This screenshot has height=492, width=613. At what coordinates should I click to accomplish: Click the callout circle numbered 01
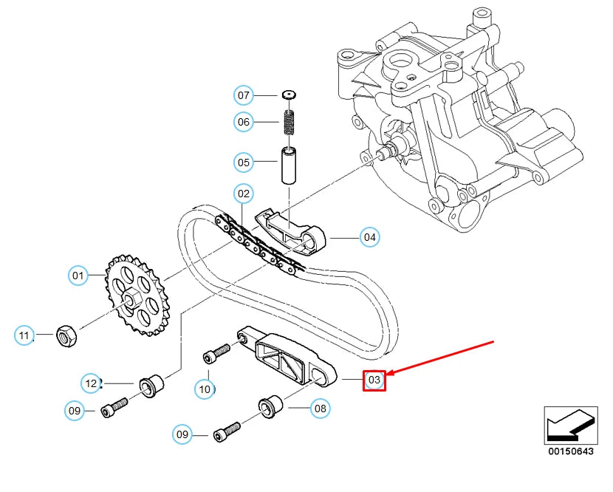click(78, 276)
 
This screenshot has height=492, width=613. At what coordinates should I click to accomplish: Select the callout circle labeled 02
click(243, 194)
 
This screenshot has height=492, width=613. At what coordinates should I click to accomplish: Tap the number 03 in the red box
click(374, 380)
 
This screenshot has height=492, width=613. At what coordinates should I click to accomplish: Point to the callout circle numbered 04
click(370, 237)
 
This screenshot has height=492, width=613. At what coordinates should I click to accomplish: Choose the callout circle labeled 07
click(244, 95)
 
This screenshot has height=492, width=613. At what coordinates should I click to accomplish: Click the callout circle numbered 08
click(320, 407)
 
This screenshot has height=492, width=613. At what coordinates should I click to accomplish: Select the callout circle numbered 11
click(24, 336)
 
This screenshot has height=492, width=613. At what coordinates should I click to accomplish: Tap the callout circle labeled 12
click(91, 383)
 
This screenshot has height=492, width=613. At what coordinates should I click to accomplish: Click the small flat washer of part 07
click(289, 95)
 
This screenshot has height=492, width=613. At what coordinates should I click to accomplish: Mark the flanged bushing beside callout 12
click(152, 386)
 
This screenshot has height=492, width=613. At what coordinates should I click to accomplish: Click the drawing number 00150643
click(569, 451)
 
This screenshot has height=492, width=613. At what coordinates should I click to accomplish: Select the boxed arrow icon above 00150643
click(569, 426)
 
